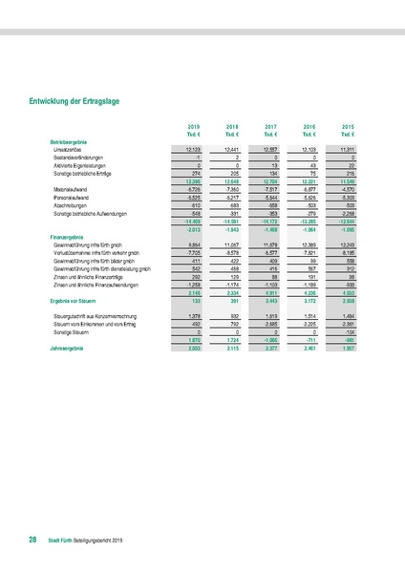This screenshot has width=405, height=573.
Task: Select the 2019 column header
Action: [192, 125]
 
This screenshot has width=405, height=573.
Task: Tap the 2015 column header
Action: [350, 125]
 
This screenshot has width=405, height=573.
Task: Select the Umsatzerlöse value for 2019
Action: [191, 149]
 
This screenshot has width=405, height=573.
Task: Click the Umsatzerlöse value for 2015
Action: [349, 149]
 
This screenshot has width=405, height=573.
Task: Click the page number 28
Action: [32, 541]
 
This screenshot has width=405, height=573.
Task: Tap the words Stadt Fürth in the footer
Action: [60, 541]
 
